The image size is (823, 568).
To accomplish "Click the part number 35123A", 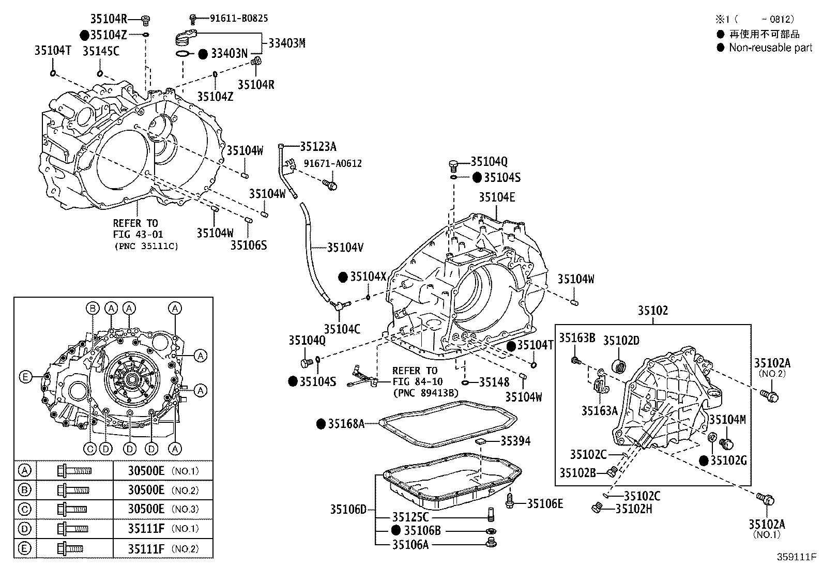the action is click(x=318, y=147).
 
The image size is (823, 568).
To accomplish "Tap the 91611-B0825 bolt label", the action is click(x=239, y=19).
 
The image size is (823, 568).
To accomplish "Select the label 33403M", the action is click(x=286, y=43).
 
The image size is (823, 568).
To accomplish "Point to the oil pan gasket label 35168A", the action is click(x=346, y=424).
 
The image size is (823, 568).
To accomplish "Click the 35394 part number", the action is click(x=515, y=441).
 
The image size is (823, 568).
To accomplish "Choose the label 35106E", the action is click(x=545, y=504).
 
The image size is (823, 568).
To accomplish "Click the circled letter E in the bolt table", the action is click(x=24, y=548).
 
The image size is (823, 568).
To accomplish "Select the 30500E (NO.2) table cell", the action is click(x=163, y=490).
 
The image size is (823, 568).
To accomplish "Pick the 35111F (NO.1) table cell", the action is click(x=163, y=529).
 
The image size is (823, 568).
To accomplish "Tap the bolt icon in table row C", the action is click(x=72, y=509).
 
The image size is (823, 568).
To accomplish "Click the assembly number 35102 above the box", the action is click(x=652, y=311).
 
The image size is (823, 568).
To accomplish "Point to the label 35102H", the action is click(x=634, y=509).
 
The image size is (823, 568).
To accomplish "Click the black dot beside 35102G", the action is click(x=703, y=460).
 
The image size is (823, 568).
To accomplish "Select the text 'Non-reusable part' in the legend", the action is click(x=770, y=48).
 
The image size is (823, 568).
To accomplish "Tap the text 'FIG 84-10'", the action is click(x=418, y=381).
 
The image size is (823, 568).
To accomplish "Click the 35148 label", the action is click(x=494, y=382).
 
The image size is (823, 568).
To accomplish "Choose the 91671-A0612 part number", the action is click(x=332, y=163).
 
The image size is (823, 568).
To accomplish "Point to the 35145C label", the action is click(x=101, y=51).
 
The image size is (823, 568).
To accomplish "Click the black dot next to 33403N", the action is click(x=203, y=54).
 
